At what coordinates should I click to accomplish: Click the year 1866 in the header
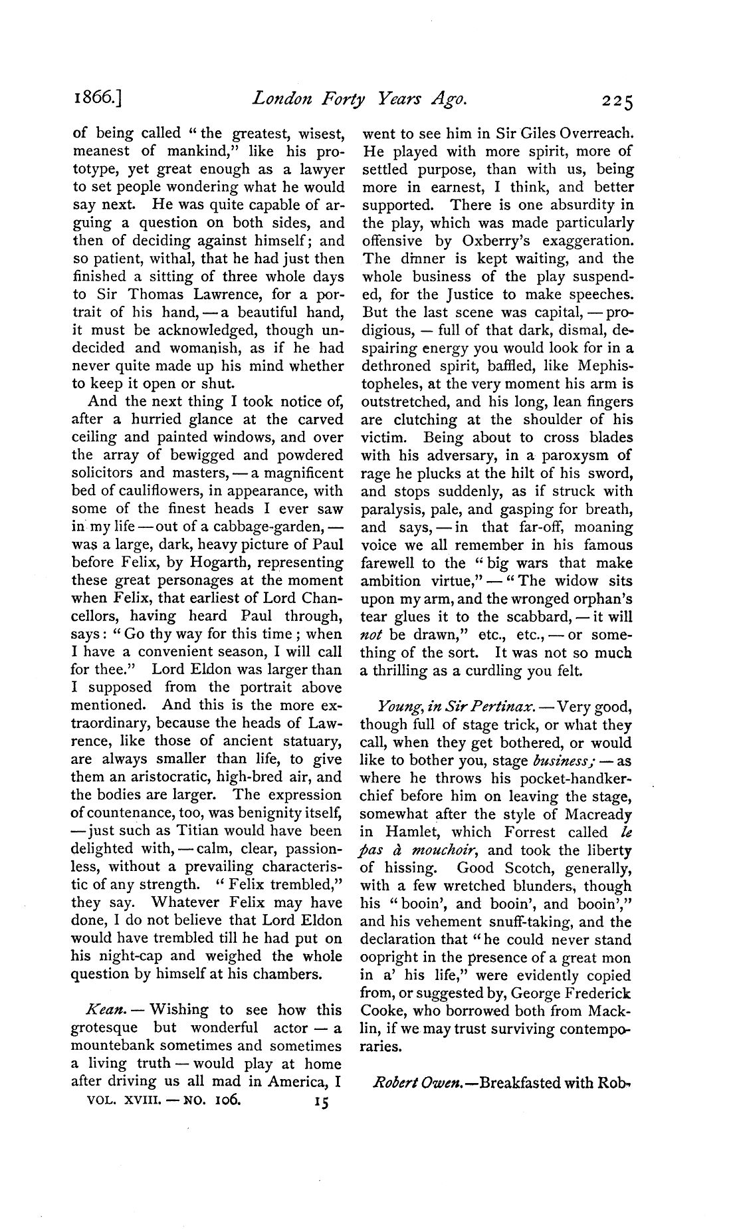tap(96, 101)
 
